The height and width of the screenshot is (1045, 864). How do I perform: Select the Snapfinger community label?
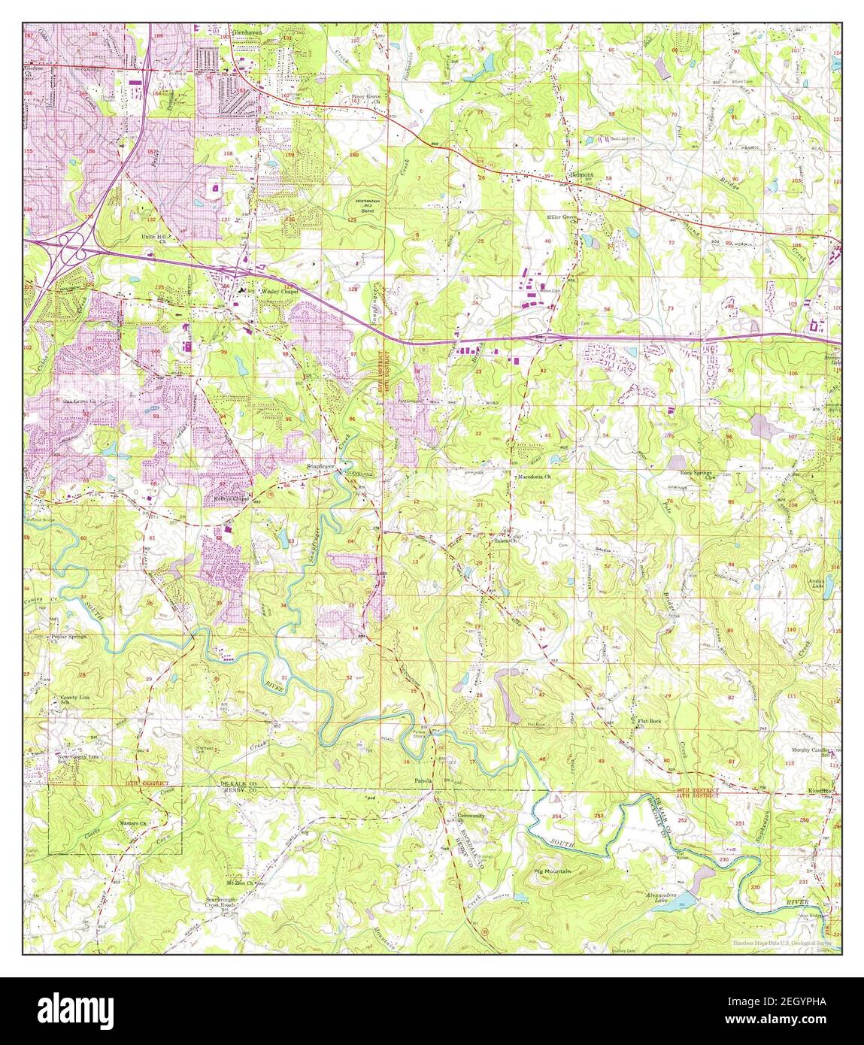(320, 465)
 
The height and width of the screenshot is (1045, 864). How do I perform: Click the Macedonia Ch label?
(535, 477)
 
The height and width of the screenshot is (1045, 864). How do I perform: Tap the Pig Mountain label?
(553, 871)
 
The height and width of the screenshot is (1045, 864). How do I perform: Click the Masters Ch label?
(132, 823)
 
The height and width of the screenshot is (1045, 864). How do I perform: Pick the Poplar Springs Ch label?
(68, 638)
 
